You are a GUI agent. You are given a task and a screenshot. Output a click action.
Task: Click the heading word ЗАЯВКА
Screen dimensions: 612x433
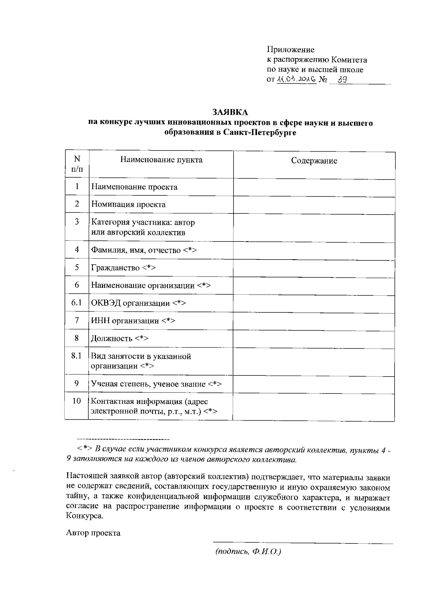click(x=230, y=113)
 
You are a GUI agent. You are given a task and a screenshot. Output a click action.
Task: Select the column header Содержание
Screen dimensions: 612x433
click(x=314, y=161)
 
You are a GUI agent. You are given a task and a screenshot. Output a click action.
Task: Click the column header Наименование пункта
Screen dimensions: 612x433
click(x=161, y=160)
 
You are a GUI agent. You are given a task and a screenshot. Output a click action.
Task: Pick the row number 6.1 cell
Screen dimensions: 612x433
click(x=76, y=303)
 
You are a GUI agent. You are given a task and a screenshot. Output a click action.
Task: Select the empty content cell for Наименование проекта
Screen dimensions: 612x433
click(x=314, y=187)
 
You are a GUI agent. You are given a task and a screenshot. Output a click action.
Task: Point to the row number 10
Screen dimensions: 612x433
click(x=76, y=401)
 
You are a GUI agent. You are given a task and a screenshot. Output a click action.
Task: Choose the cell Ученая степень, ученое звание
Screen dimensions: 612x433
click(x=156, y=384)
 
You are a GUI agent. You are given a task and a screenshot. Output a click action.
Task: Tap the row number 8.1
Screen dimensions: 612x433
click(x=76, y=356)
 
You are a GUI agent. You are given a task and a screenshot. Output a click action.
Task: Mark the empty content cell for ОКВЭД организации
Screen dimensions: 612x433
click(x=314, y=303)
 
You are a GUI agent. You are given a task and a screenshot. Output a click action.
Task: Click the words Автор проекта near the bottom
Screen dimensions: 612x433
click(x=93, y=533)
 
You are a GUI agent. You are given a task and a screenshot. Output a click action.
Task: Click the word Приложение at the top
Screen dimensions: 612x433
click(x=290, y=50)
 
